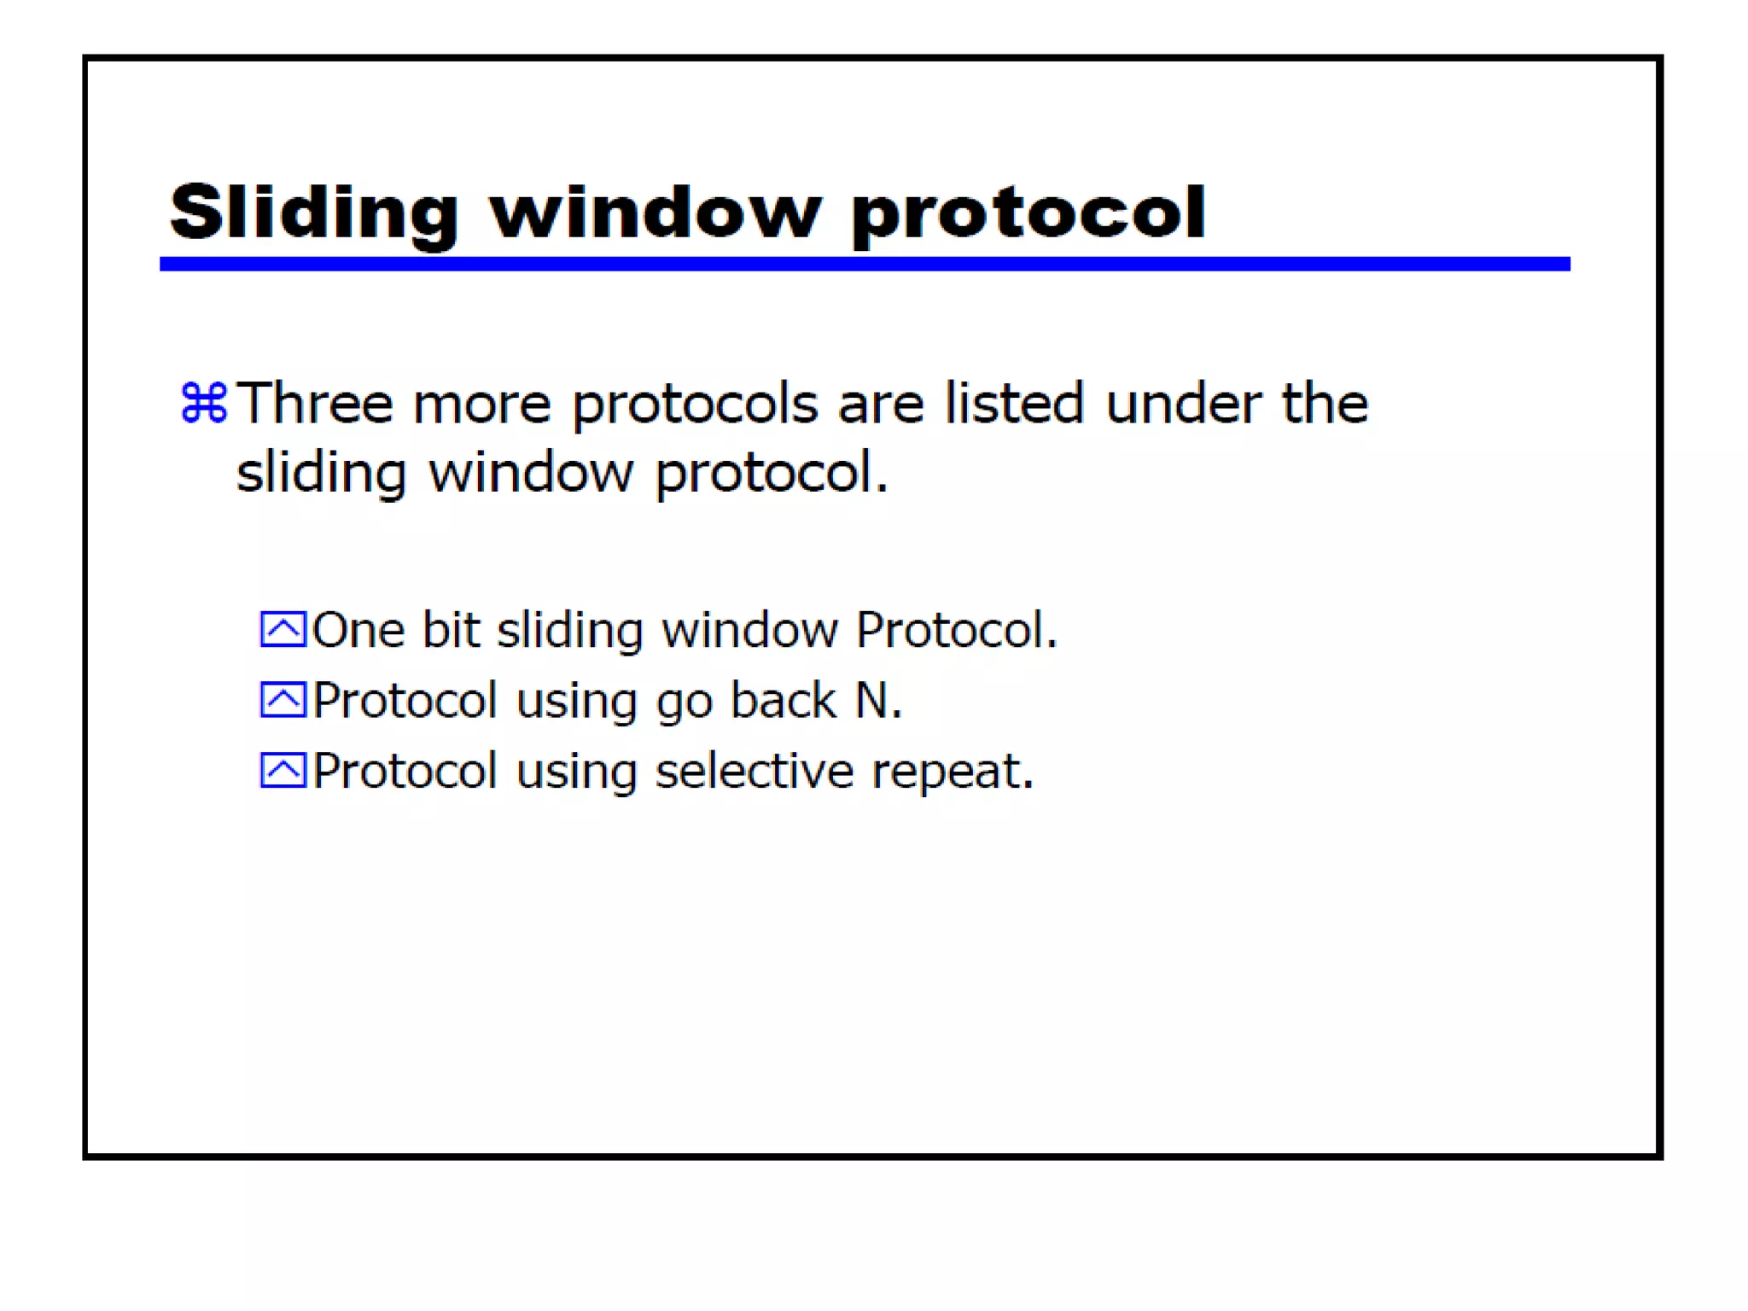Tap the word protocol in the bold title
coord(1028,213)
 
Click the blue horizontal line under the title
coord(864,264)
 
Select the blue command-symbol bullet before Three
coord(204,403)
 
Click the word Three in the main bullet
coord(314,403)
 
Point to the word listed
coord(1013,403)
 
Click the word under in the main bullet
coord(1183,403)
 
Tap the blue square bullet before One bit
coord(283,630)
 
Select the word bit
coord(451,631)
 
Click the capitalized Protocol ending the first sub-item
coord(955,631)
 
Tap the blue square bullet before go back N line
coord(283,700)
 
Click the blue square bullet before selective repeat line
coord(283,771)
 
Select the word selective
coord(754,772)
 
